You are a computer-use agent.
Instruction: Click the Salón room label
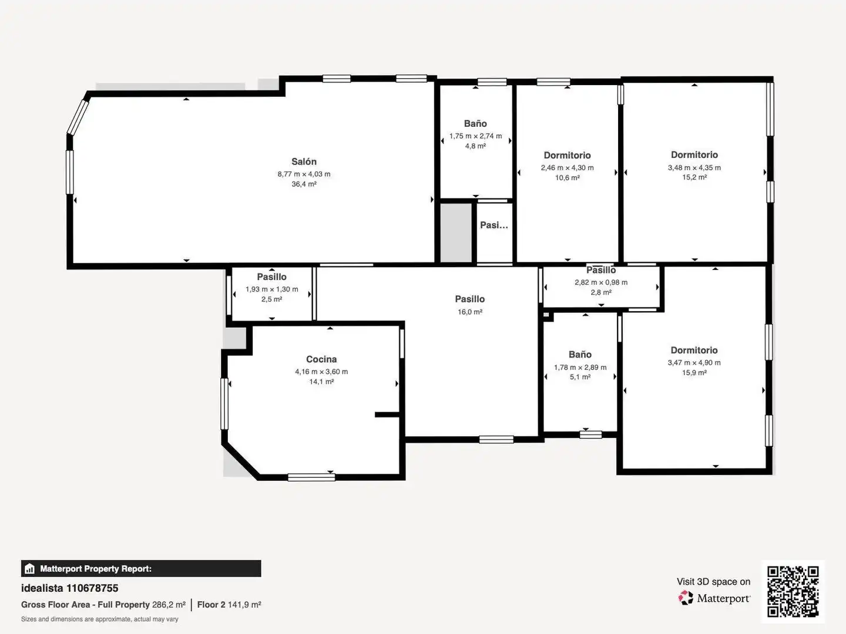pos(304,161)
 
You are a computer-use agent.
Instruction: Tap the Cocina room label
pos(321,359)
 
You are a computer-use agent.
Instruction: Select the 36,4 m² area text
pos(304,184)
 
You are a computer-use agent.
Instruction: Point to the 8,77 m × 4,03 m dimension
pos(304,174)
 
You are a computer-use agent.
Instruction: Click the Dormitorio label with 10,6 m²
pos(567,155)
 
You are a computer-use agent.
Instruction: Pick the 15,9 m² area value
pos(694,373)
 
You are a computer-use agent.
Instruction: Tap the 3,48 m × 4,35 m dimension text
pos(694,167)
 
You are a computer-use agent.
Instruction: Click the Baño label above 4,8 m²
pos(475,123)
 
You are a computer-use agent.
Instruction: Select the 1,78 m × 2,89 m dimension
pos(580,367)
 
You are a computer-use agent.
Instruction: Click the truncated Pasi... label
pos(493,225)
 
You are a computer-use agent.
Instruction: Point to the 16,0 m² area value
pos(470,312)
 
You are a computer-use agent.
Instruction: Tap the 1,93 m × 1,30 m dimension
pos(272,289)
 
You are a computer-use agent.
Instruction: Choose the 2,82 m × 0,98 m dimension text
pos(601,282)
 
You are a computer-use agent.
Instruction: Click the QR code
pos(793,592)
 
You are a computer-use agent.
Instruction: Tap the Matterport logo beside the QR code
pos(714,598)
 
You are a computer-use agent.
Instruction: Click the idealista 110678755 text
pos(70,588)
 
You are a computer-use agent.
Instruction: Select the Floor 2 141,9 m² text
pos(229,605)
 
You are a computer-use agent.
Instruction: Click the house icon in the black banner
pos(30,569)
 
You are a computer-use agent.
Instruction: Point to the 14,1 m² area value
pos(321,382)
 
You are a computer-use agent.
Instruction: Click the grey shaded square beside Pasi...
pos(456,232)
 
